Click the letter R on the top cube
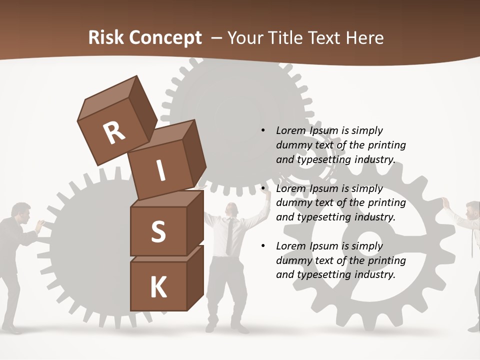pos(114,133)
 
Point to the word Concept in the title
pos(166,37)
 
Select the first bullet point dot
pos(263,130)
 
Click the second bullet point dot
pos(263,188)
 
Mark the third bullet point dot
pos(263,246)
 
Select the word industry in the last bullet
pos(375,274)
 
